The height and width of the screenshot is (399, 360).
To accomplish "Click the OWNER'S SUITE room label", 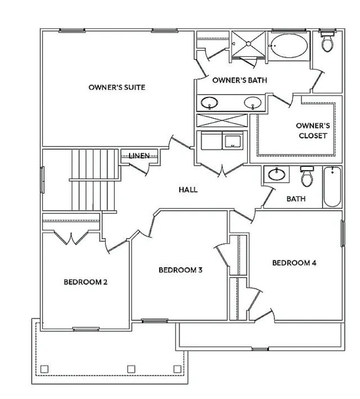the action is [117, 87].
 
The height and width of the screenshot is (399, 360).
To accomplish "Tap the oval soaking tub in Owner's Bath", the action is [289, 45].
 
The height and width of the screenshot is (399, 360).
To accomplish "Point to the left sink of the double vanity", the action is [209, 103].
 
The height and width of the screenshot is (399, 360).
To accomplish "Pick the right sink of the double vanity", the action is [253, 103].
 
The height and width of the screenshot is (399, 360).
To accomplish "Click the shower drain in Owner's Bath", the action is [248, 44].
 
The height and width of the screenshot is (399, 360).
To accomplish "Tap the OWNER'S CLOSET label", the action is [313, 130].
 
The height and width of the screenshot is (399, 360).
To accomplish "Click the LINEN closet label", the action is [139, 155].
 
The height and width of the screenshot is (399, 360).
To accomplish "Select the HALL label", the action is [188, 189].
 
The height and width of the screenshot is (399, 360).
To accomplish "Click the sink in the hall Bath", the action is [277, 174].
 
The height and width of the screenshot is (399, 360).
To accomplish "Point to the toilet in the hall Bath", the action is [307, 177].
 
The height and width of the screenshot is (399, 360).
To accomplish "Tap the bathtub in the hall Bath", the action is [332, 187].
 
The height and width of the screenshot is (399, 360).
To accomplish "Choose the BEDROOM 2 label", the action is [85, 282].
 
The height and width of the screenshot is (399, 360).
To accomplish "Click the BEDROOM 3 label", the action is [180, 270].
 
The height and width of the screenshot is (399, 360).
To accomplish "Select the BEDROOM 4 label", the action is [294, 263].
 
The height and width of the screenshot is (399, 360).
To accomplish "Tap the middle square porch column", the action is [131, 369].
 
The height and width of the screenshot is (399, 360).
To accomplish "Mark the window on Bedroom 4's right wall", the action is [343, 233].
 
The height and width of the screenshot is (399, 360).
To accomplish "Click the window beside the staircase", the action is [42, 179].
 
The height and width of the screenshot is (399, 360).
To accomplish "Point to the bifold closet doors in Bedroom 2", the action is [71, 238].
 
